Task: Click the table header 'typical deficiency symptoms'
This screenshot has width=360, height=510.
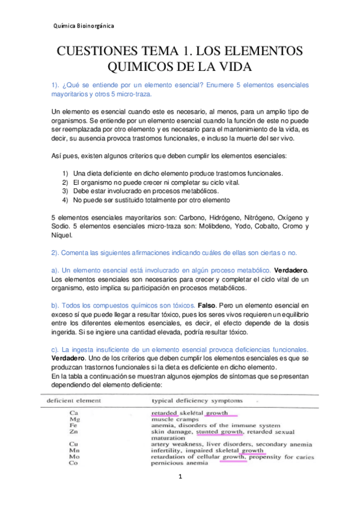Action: (192, 400)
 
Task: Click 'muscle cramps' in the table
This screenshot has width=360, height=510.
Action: (174, 419)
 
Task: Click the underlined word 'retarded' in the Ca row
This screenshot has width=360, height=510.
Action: (164, 413)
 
